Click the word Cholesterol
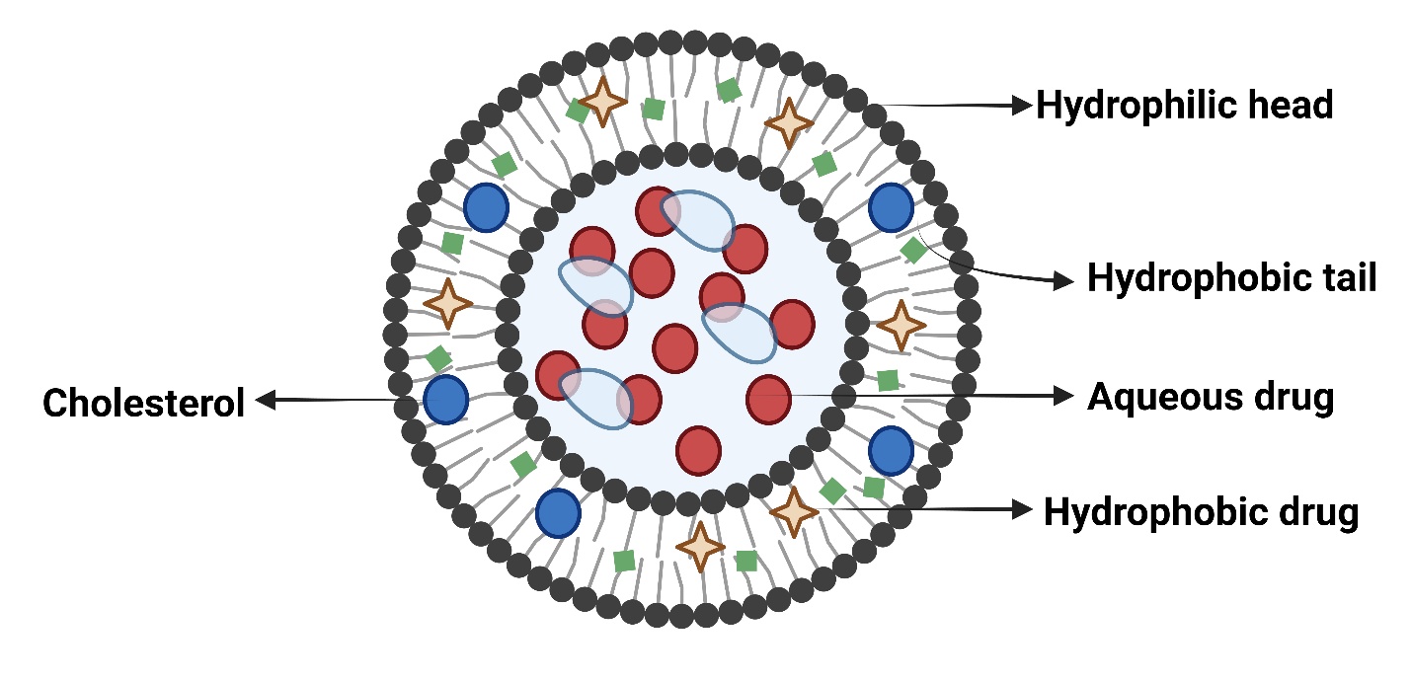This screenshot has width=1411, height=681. (143, 403)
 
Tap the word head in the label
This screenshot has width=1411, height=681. (1290, 106)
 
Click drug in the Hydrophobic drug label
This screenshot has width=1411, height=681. (1313, 512)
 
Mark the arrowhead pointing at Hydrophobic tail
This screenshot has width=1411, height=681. (1064, 282)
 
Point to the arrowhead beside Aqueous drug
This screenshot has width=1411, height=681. (1064, 397)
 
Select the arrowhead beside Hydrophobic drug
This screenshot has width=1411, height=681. (1024, 510)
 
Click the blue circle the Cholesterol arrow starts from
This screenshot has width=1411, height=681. (445, 399)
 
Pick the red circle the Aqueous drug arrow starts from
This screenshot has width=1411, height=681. (769, 397)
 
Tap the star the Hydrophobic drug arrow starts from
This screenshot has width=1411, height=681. (794, 511)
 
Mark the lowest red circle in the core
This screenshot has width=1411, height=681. (698, 449)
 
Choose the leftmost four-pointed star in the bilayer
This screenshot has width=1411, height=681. (447, 304)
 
